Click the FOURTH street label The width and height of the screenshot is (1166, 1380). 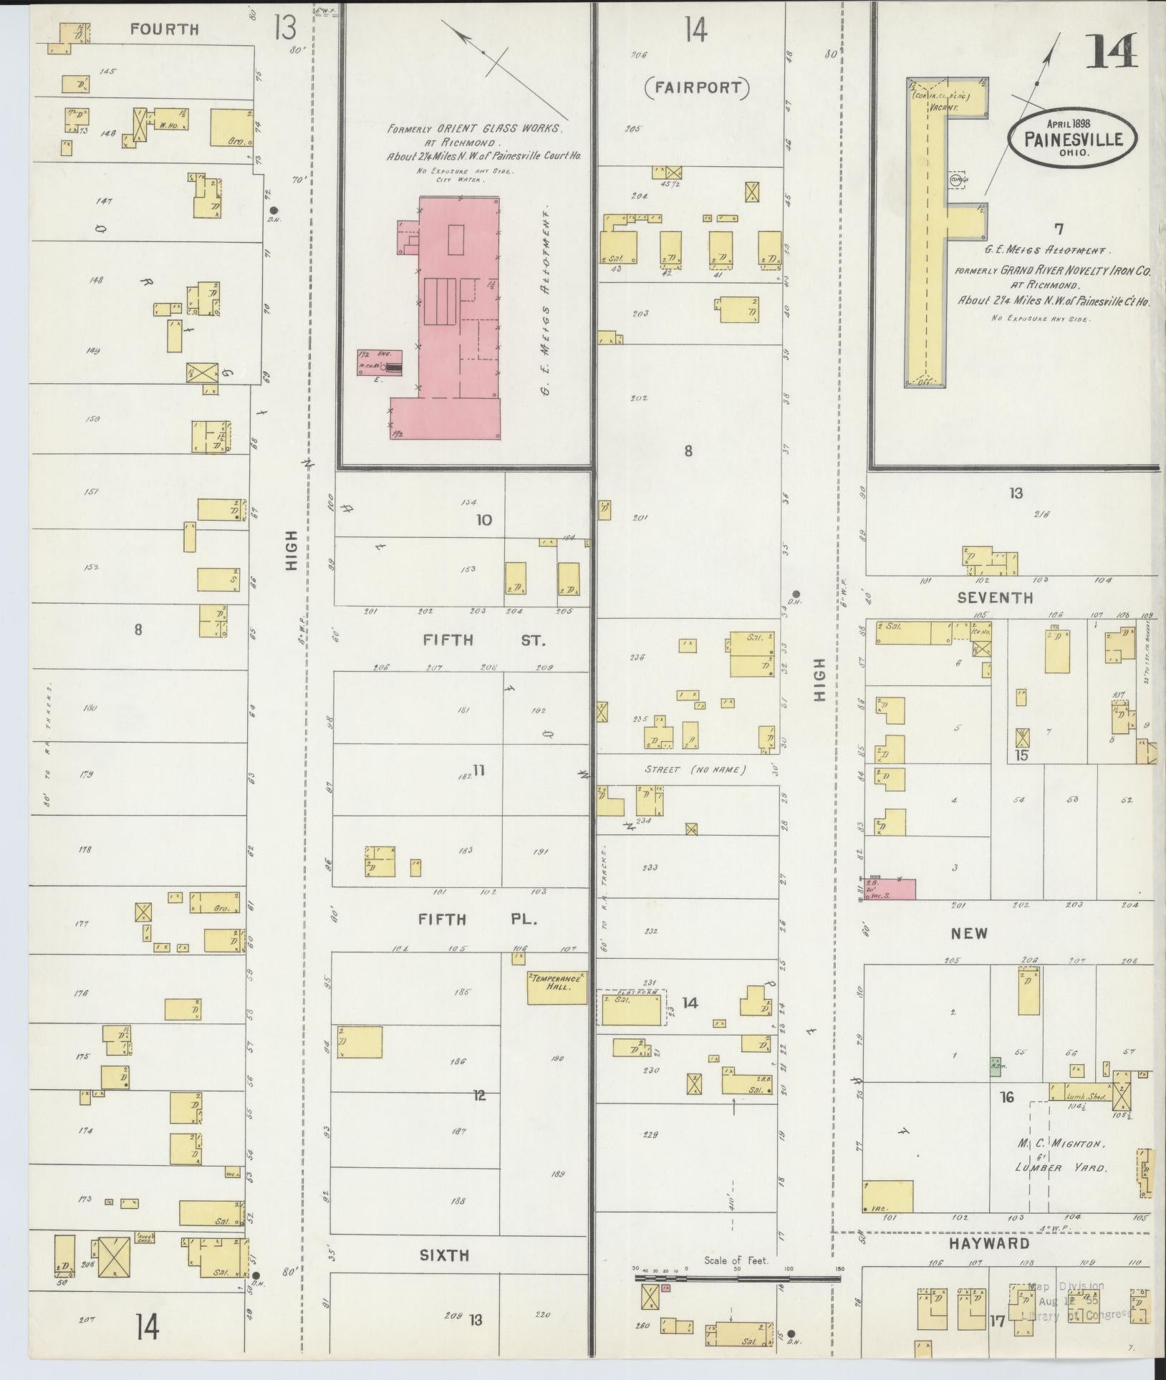pyautogui.click(x=165, y=29)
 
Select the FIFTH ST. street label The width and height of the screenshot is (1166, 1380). pyautogui.click(x=484, y=640)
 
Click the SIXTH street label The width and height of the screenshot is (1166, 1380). pyautogui.click(x=444, y=1255)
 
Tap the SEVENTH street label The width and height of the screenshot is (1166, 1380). pyautogui.click(x=995, y=597)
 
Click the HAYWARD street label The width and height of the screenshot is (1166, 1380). pyautogui.click(x=989, y=1244)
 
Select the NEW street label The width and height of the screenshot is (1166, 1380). pyautogui.click(x=969, y=933)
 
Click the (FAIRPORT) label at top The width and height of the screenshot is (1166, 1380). pyautogui.click(x=696, y=88)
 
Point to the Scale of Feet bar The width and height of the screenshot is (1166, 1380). pyautogui.click(x=738, y=1277)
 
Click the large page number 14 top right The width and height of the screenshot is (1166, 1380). pyautogui.click(x=1112, y=50)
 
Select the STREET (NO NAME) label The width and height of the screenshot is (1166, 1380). pyautogui.click(x=695, y=770)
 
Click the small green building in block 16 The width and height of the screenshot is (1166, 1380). pyautogui.click(x=995, y=1066)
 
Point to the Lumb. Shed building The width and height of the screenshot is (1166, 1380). pyautogui.click(x=1079, y=1092)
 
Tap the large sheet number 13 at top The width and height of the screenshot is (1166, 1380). pyautogui.click(x=284, y=29)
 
